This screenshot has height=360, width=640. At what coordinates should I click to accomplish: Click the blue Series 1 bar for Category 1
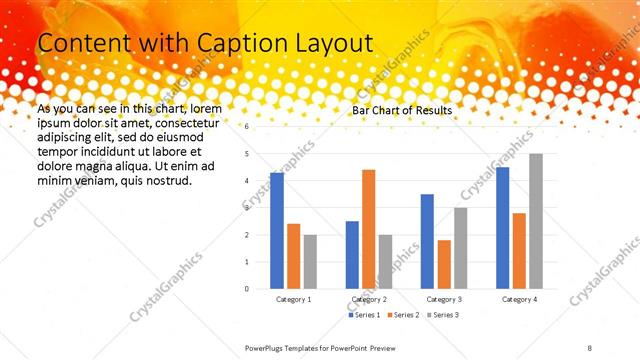pyautogui.click(x=277, y=230)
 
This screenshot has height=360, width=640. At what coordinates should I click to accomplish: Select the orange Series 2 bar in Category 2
pyautogui.click(x=369, y=228)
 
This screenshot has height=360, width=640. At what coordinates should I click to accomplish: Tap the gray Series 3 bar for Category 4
pyautogui.click(x=536, y=220)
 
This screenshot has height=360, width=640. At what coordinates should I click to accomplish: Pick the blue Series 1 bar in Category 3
pyautogui.click(x=427, y=241)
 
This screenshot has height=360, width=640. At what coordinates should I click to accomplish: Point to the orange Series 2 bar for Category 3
pyautogui.click(x=444, y=264)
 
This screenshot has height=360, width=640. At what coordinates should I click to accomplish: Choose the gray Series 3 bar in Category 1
pyautogui.click(x=310, y=261)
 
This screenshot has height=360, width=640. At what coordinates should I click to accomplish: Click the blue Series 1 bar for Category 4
pyautogui.click(x=502, y=227)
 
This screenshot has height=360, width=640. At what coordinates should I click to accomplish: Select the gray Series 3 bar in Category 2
pyautogui.click(x=386, y=261)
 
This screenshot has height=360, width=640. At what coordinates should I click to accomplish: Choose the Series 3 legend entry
pyautogui.click(x=447, y=315)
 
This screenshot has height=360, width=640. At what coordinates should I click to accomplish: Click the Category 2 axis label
pyautogui.click(x=369, y=299)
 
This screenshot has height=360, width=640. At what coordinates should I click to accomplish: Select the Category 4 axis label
pyautogui.click(x=519, y=299)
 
